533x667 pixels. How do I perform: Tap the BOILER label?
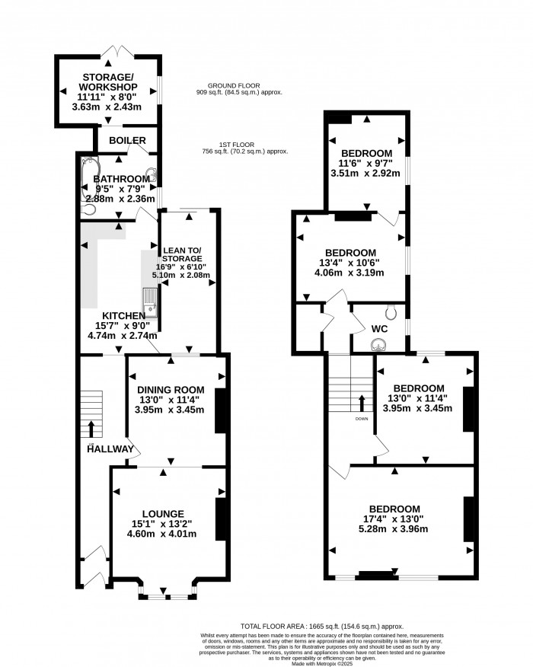tap(122, 141)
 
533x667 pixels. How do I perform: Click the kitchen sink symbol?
tap(150, 302)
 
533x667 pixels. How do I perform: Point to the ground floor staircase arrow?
tap(92, 429)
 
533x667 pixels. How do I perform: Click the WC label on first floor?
tap(378, 330)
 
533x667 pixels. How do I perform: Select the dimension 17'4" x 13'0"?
tap(394, 522)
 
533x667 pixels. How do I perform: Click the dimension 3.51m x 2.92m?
tap(367, 174)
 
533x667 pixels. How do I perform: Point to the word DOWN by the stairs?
tap(361, 419)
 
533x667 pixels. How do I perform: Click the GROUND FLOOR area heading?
tap(238, 86)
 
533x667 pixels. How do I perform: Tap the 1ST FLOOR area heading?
tap(238, 145)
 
